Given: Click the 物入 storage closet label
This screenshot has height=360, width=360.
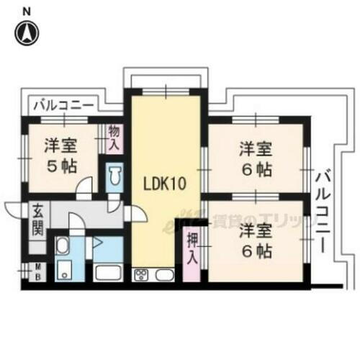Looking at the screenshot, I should tap(114, 137).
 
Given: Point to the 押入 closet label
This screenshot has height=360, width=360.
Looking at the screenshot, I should tap(192, 249).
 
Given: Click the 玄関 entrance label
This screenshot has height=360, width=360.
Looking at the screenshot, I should tap(37, 221).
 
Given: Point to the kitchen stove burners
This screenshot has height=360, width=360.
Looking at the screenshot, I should tap(141, 274).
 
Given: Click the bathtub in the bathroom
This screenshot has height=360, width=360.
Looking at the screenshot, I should tap(107, 274).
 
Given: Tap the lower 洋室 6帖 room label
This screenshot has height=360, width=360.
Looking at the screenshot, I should tap(256, 240).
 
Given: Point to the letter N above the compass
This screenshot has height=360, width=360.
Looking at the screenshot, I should tap(27, 11).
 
